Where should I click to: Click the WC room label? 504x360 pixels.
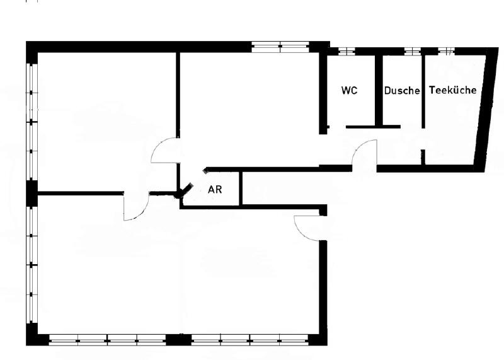350,91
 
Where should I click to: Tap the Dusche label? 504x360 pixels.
402,91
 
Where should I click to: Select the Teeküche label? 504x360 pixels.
452,90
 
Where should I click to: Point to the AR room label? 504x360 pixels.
215,189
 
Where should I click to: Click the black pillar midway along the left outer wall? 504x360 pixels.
31,192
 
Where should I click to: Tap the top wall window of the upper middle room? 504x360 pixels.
280,45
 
